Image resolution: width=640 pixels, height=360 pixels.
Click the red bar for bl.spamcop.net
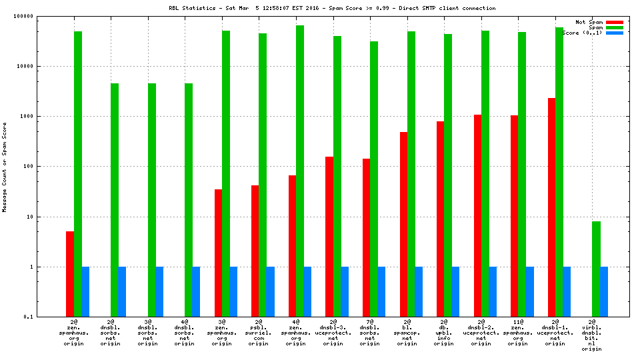(x=403, y=224)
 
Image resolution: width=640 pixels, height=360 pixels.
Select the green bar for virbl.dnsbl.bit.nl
(x=596, y=269)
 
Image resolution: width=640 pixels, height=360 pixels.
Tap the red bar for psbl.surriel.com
(x=255, y=251)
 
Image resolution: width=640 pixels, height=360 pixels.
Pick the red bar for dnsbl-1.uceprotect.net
(x=552, y=207)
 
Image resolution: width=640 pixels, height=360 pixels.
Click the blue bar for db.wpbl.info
(x=455, y=291)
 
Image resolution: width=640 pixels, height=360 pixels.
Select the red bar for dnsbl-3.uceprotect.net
(x=329, y=237)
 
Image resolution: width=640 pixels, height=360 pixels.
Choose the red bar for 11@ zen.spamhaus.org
(x=515, y=216)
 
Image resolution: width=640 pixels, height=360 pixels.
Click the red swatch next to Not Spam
(x=614, y=22)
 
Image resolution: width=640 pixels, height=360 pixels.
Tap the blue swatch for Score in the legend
(x=614, y=33)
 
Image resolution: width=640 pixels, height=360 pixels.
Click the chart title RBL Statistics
(x=331, y=8)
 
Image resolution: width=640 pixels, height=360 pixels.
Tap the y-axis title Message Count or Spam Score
(x=5, y=167)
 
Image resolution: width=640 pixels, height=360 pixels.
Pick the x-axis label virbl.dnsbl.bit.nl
(x=596, y=336)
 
